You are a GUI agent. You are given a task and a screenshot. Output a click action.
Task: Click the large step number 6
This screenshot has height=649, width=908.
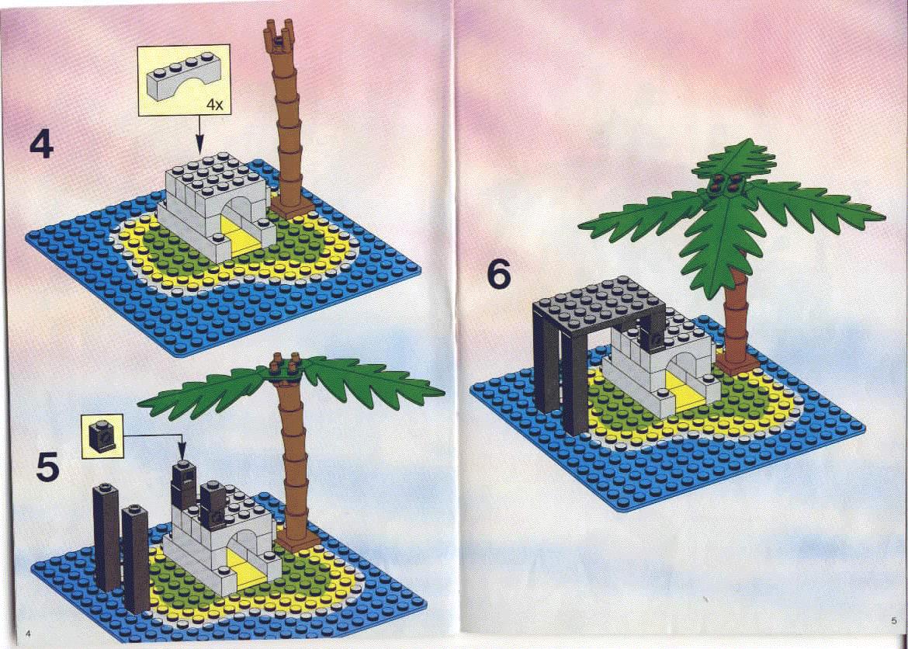[x=499, y=276]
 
